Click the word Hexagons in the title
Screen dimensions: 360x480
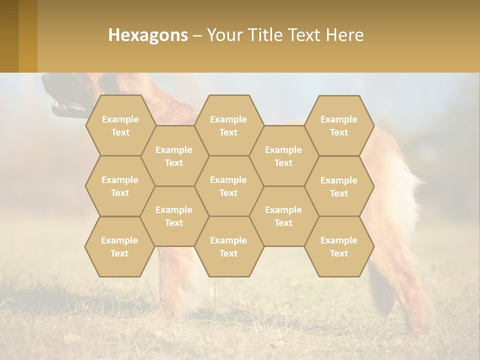pyautogui.click(x=148, y=35)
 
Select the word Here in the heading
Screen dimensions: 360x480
pyautogui.click(x=344, y=35)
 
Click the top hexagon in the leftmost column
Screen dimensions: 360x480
pyautogui.click(x=120, y=125)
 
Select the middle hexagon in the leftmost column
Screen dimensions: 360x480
pyautogui.click(x=120, y=186)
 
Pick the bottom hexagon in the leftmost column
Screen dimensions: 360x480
pyautogui.click(x=119, y=246)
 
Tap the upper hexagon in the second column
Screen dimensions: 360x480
pyautogui.click(x=174, y=156)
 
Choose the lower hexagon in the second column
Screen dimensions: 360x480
pyautogui.click(x=174, y=216)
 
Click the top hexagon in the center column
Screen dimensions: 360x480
pyautogui.click(x=228, y=125)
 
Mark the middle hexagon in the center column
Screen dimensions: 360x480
pyautogui.click(x=228, y=186)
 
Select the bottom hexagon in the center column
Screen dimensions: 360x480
pyautogui.click(x=228, y=246)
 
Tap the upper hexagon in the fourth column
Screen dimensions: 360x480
pyautogui.click(x=283, y=156)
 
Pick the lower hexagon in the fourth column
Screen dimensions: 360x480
pyautogui.click(x=283, y=216)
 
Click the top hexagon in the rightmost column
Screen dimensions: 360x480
pyautogui.click(x=339, y=125)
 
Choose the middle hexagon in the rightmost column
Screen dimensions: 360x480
pyautogui.click(x=339, y=186)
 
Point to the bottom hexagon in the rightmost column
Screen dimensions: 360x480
pyautogui.click(x=339, y=246)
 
